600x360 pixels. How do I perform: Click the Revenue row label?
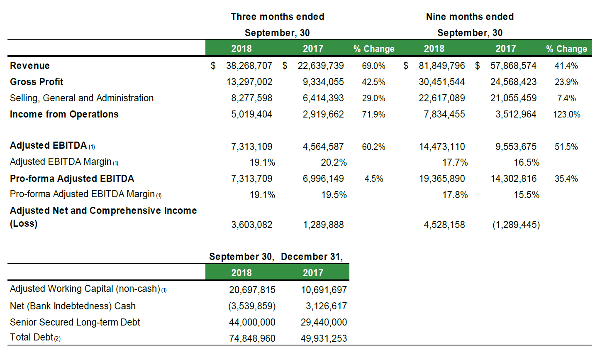30,66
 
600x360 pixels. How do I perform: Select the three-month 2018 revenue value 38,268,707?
249,66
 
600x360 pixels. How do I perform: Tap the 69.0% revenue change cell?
373,66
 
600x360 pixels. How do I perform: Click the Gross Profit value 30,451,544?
441,82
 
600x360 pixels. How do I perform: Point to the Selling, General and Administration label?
82,98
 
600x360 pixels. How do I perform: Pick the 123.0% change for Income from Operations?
566,115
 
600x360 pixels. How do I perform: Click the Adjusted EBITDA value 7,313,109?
252,147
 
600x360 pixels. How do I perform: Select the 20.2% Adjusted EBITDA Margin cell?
334,162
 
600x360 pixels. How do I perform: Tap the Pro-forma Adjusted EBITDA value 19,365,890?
442,179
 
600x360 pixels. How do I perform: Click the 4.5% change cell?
374,179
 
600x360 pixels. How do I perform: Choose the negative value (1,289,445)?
516,225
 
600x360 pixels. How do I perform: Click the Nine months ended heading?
470,17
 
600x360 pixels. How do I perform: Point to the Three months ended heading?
278,17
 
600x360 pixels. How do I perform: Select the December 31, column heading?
312,257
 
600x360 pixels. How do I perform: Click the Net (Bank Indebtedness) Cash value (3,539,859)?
252,306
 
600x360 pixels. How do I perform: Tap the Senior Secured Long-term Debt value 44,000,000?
252,322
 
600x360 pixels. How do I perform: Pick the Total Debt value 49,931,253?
324,338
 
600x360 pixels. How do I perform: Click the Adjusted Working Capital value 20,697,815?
252,290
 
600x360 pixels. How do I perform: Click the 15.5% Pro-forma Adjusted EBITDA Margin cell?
526,195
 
